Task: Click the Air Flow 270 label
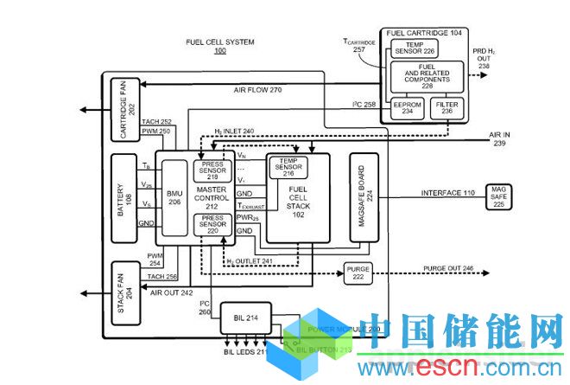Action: pos(257,90)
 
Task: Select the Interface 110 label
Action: pos(447,192)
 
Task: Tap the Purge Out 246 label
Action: pos(449,269)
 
